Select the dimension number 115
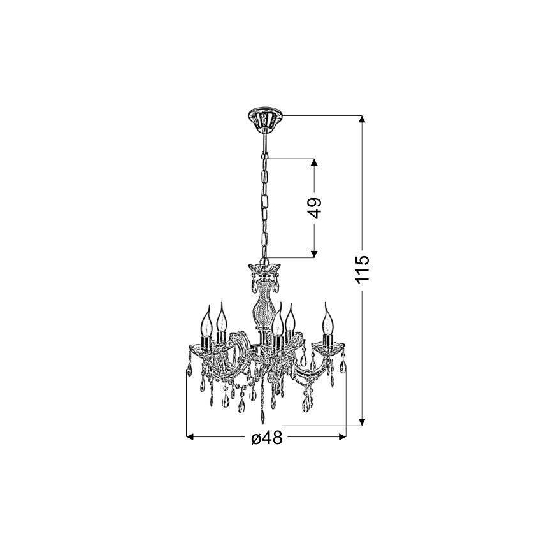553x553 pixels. pyautogui.click(x=362, y=269)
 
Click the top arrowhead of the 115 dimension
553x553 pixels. pyautogui.click(x=362, y=119)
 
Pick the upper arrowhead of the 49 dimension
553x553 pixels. pyautogui.click(x=315, y=162)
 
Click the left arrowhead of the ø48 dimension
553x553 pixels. pyautogui.click(x=189, y=437)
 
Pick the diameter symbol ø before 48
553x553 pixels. pyautogui.click(x=255, y=438)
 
